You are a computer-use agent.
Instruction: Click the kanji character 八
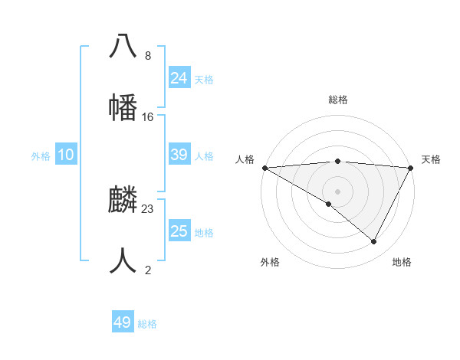coord(123,47)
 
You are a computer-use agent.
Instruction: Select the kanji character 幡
coord(123,107)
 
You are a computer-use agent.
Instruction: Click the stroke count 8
coord(148,56)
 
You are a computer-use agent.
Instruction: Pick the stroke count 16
coord(148,116)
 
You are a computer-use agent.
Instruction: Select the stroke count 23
coord(148,209)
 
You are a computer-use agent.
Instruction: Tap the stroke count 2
coord(148,270)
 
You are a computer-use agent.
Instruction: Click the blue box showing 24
coord(179,77)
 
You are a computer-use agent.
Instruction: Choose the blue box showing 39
coord(179,155)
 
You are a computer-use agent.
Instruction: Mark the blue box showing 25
coord(179,231)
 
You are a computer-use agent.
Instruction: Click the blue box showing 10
coord(66,155)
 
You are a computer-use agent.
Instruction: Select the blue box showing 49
coord(123,322)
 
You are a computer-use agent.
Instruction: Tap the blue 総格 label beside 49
coord(147,324)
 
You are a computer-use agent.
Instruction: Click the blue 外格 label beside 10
coord(41,156)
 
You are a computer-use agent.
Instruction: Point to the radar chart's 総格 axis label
coord(337,100)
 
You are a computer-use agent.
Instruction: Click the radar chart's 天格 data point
coord(411,168)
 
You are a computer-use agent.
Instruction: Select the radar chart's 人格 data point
coord(264,167)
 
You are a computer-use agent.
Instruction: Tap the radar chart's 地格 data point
coord(374,241)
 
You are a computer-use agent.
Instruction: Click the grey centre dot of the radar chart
coord(337,191)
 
